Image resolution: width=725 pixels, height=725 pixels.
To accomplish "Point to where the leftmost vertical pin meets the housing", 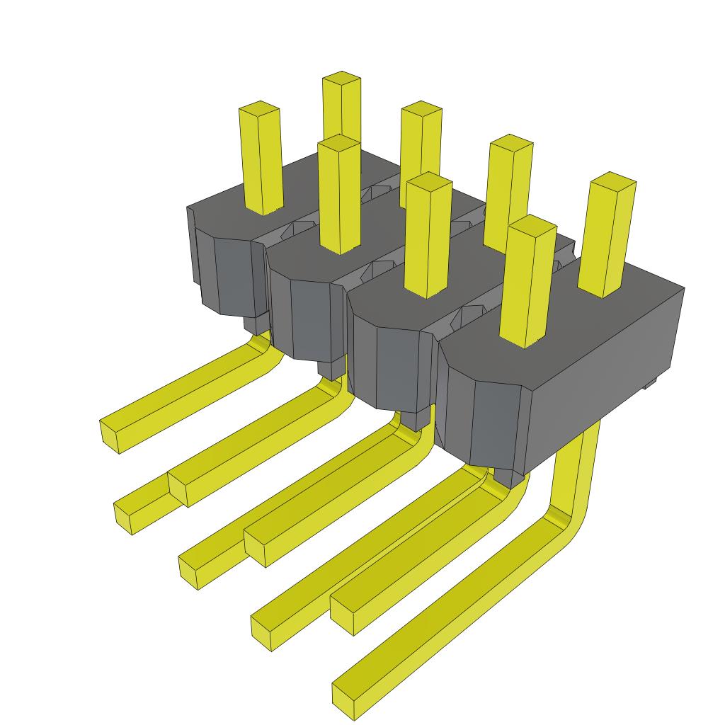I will pos(263,209).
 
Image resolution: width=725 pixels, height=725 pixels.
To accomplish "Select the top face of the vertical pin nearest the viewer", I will pos(532,223).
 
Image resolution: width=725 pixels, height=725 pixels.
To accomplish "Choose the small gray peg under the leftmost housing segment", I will pos(255,323).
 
